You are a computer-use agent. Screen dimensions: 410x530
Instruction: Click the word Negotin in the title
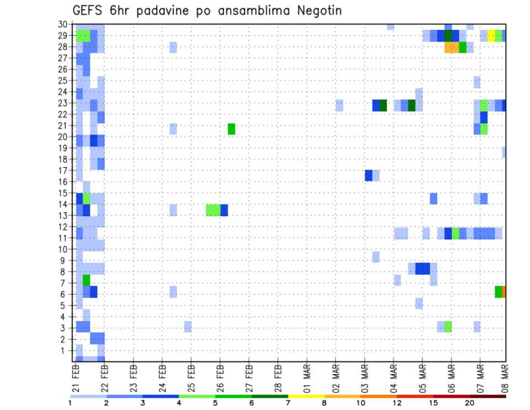(316, 10)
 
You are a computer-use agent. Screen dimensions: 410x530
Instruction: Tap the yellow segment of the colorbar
(306, 396)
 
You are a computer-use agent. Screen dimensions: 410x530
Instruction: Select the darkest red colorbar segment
(487, 396)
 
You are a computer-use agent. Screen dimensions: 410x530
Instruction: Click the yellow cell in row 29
(491, 36)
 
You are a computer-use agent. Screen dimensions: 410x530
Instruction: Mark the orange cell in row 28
(451, 47)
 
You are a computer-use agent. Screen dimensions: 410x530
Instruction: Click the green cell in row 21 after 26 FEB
(231, 129)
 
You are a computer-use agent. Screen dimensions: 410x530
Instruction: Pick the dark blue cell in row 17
(368, 175)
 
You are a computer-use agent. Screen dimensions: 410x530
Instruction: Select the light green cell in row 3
(448, 326)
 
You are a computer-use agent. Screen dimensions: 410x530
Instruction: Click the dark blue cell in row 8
(422, 269)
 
